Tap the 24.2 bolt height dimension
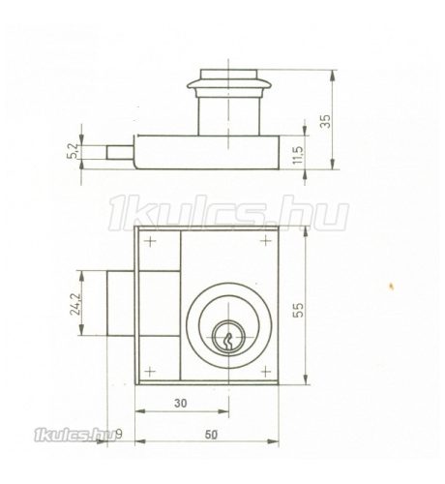tap(88, 306)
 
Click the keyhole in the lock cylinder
tap(227, 338)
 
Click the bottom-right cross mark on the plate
tap(263, 371)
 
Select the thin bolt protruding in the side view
tap(118, 153)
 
